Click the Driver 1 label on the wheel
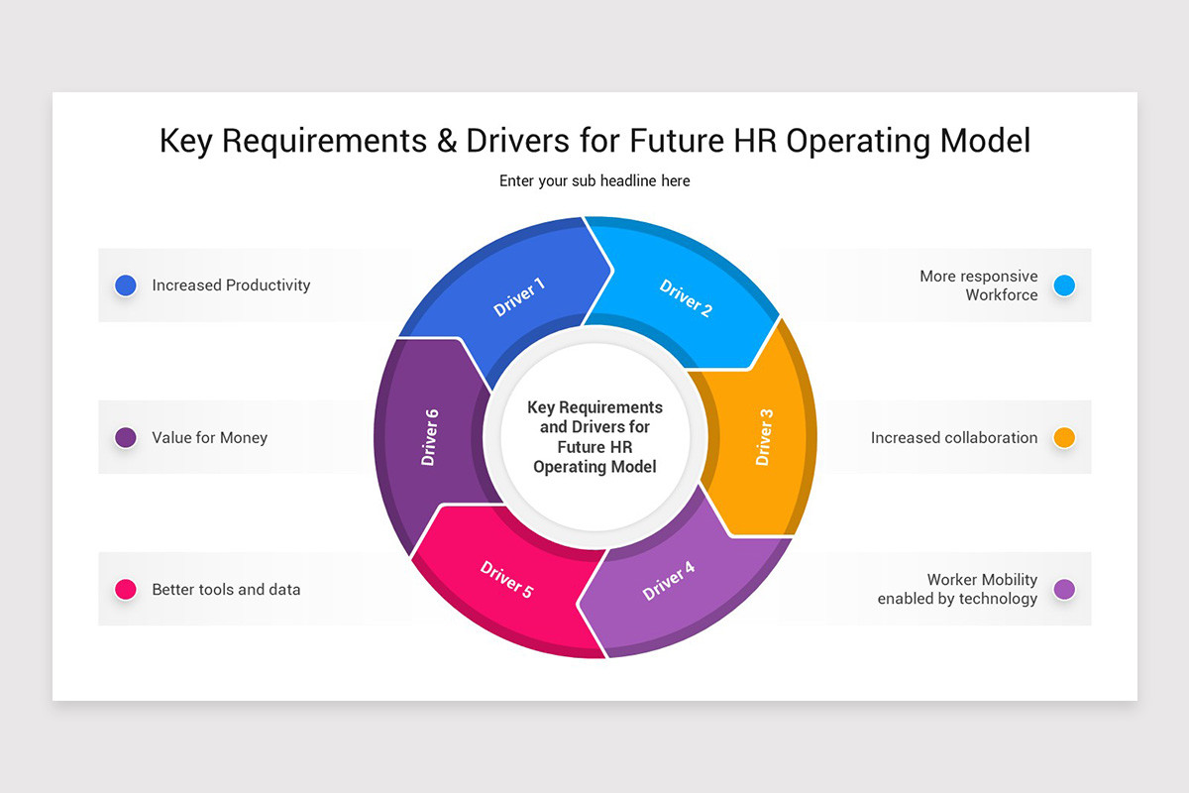point(519,297)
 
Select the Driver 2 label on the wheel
point(686,298)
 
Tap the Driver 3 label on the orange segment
point(764,437)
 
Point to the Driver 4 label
point(669,581)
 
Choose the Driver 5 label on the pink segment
point(506,580)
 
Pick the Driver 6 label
point(429,438)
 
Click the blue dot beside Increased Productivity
point(126,285)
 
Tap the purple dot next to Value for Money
point(126,437)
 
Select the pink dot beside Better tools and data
point(126,589)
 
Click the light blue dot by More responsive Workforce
point(1064,285)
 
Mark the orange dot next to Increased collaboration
point(1064,437)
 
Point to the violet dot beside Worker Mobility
point(1064,589)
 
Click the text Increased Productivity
point(231,285)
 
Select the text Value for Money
point(209,437)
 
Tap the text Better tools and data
point(226,589)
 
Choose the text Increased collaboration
point(954,437)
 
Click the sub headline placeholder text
point(594,181)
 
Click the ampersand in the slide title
point(446,141)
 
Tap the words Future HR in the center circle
point(594,447)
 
